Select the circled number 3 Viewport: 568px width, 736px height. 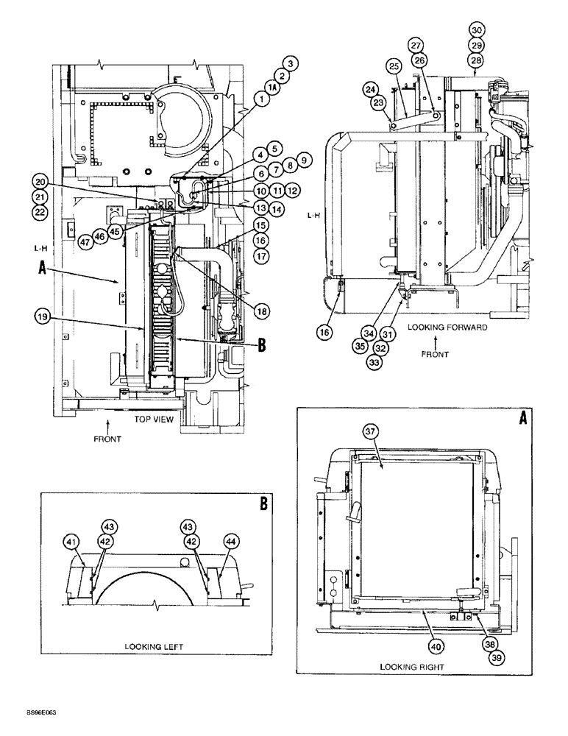point(291,65)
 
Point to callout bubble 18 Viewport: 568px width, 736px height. point(260,311)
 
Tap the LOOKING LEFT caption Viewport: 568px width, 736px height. point(154,646)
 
